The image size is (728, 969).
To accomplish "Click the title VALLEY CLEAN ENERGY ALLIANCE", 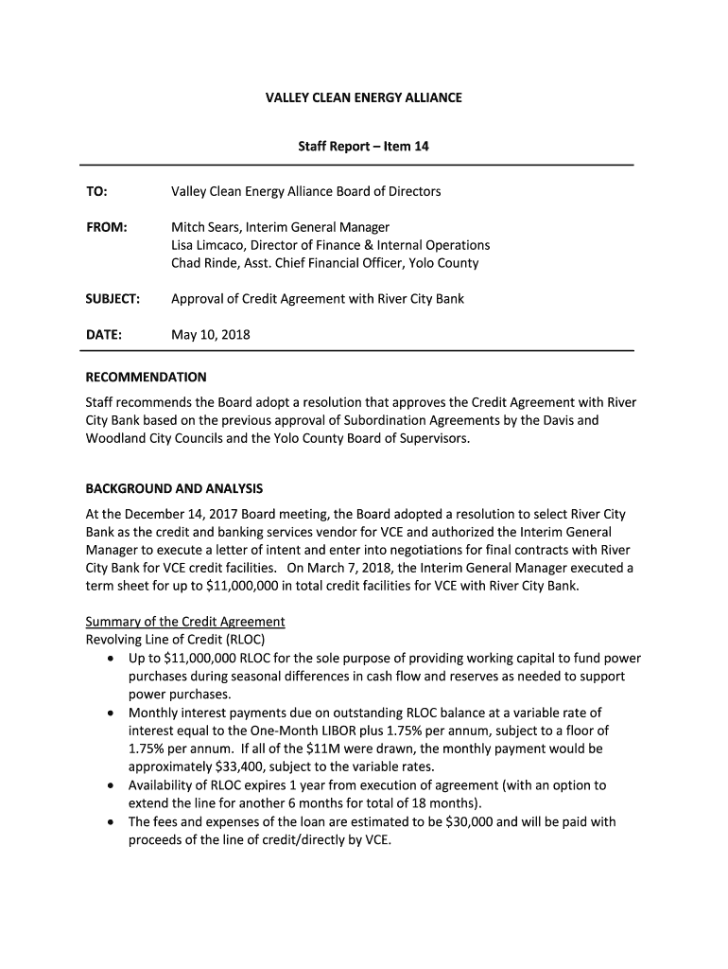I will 363,97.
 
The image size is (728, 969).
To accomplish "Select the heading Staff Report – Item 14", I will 364,148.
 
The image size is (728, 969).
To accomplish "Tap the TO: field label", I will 96,192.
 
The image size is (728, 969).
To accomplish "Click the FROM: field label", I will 106,228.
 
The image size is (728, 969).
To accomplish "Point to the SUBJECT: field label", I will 113,299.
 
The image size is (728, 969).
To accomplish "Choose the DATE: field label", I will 104,335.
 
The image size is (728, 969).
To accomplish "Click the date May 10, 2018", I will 210,335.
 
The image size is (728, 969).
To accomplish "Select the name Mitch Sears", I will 205,228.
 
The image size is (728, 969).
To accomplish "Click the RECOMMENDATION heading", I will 146,377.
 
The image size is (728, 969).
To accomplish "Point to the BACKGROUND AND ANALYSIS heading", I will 174,489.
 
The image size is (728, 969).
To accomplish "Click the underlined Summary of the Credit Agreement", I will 185,622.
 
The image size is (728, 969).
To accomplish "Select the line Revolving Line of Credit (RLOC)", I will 169,639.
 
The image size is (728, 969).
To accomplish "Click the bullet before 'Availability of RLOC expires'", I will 113,785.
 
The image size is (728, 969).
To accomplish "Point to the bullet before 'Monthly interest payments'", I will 113,714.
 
